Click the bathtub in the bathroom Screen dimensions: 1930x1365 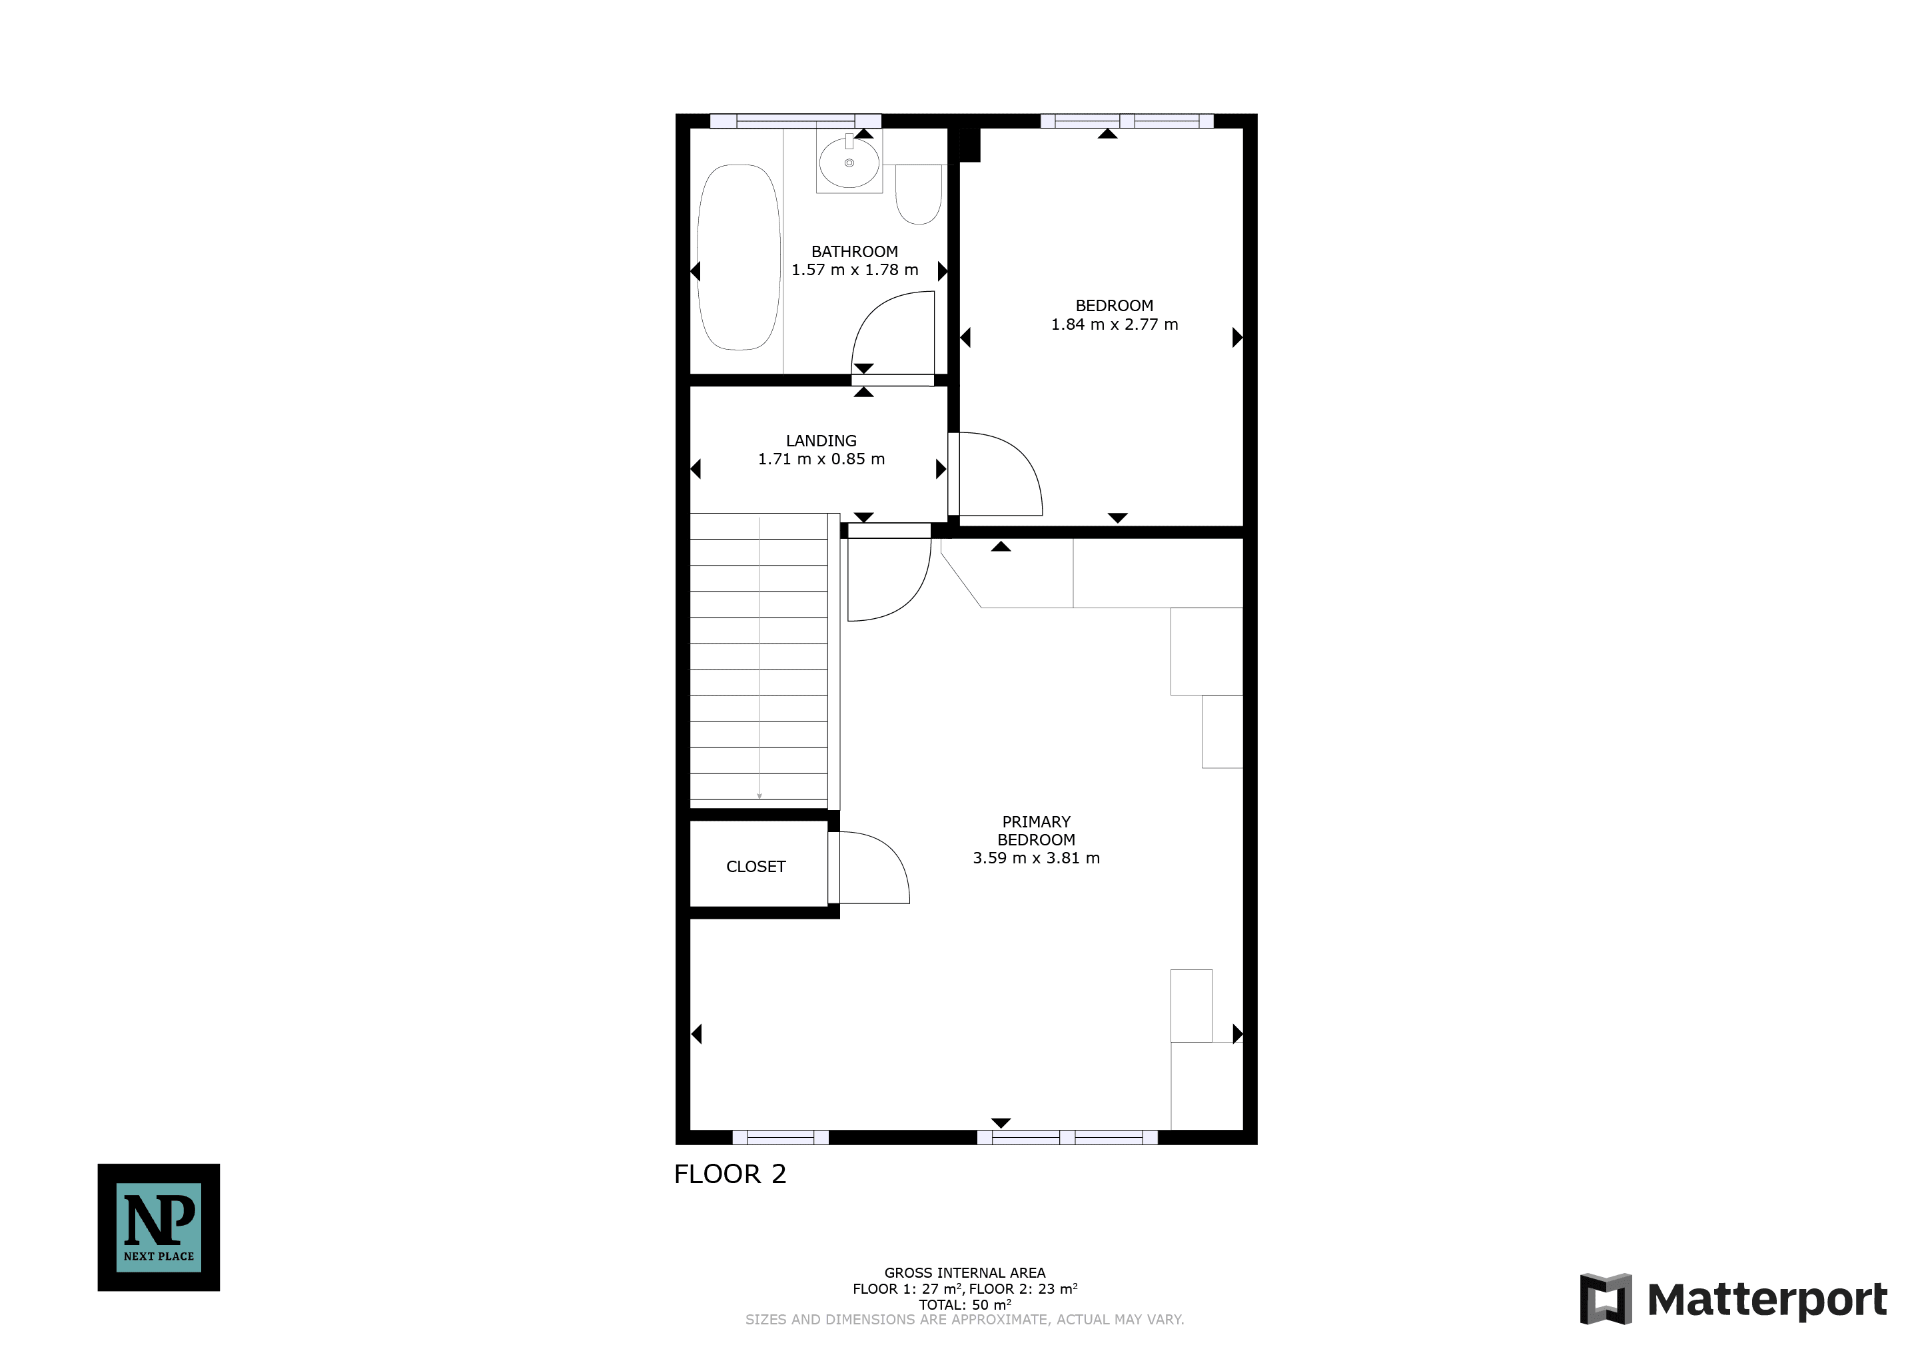(739, 257)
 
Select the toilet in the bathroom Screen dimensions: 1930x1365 (919, 194)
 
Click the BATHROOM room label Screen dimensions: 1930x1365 (854, 251)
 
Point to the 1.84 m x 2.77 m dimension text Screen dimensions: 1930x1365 (1115, 324)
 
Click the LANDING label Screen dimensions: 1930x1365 (821, 440)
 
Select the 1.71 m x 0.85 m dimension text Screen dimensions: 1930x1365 (821, 459)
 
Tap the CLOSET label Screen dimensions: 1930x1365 (755, 867)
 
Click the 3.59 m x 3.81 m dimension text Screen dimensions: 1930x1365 (1037, 858)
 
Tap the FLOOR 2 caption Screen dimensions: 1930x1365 (730, 1174)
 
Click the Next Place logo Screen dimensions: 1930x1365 (159, 1227)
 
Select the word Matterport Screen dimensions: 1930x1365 (1767, 1300)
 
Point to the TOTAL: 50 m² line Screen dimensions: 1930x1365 (965, 1304)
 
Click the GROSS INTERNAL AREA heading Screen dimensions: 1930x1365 (965, 1272)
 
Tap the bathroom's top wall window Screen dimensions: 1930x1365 (795, 121)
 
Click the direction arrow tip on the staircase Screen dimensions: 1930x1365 (759, 797)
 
